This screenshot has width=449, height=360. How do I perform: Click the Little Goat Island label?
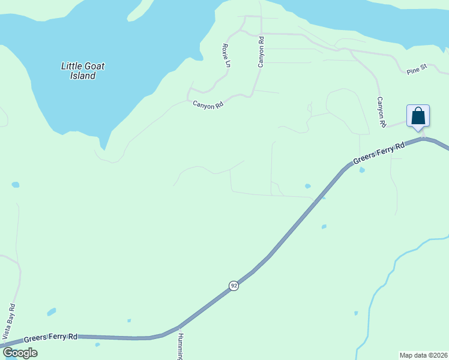[x=79, y=71]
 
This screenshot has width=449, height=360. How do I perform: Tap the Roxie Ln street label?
[x=226, y=55]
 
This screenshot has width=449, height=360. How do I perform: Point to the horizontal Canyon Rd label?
[x=208, y=104]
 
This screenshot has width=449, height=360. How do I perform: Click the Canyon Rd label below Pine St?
[x=381, y=112]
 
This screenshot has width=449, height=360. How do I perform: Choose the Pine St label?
[x=416, y=71]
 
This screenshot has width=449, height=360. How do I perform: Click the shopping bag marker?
[x=418, y=116]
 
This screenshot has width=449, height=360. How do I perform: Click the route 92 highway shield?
[x=234, y=286]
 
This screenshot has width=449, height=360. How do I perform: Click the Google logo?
[x=20, y=353]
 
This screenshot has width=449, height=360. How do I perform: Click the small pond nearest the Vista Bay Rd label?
[x=52, y=312]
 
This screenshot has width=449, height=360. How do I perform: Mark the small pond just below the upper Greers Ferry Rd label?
[x=361, y=170]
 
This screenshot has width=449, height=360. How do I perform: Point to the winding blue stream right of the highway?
[x=384, y=282]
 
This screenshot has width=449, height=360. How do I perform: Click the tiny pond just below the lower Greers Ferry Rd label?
[x=97, y=344]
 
